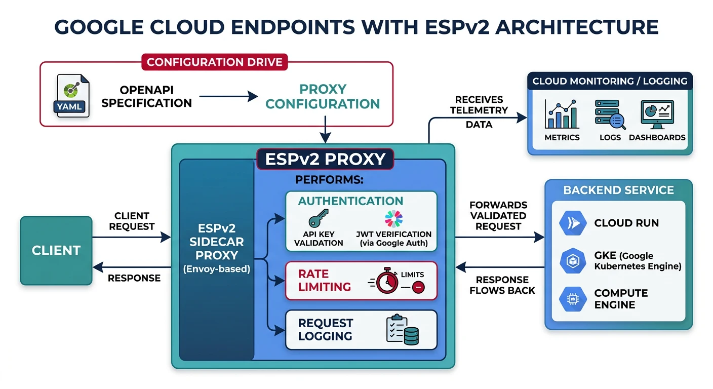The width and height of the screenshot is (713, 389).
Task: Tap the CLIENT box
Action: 56,251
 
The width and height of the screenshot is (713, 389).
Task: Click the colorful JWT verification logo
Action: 393,219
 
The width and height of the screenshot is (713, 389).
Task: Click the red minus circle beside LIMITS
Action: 418,288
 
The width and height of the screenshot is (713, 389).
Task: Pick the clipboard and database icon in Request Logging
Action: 403,330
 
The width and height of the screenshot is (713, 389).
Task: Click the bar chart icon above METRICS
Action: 561,114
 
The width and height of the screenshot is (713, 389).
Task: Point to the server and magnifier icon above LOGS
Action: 609,114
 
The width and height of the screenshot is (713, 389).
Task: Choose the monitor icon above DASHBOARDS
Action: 657,114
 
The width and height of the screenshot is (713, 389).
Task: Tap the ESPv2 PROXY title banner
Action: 325,159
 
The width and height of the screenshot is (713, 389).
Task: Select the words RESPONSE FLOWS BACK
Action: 502,285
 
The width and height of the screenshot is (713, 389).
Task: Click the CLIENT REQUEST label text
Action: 132,221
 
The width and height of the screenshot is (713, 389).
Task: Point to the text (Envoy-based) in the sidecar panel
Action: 217,269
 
